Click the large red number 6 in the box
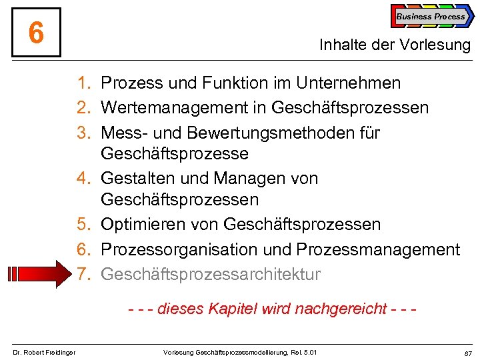click(37, 33)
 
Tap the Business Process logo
click(431, 17)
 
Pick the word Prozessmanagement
click(378, 249)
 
